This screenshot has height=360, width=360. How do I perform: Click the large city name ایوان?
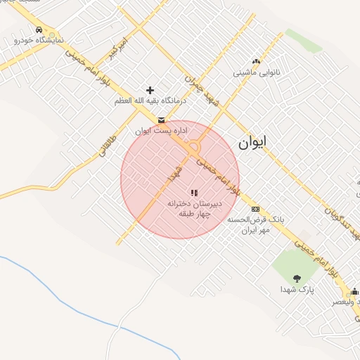tap(253, 143)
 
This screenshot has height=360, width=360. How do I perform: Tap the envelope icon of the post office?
tap(162, 120)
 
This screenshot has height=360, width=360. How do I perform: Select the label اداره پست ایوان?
tap(163, 131)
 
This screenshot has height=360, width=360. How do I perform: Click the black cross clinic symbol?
tap(150, 90)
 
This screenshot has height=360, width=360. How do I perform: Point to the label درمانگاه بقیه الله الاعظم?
tap(151, 101)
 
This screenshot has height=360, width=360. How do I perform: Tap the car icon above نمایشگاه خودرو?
tap(39, 30)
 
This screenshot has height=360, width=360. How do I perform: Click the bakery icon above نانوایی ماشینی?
tap(256, 62)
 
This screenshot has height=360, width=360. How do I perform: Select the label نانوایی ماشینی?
tap(257, 72)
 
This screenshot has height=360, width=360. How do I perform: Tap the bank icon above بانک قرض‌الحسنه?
tap(255, 209)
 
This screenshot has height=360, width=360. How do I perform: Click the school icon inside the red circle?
tap(194, 192)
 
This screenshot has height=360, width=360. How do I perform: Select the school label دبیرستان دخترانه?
tap(193, 202)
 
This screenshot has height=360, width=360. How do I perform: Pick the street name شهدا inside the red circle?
tap(174, 174)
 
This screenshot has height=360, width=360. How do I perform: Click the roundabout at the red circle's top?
tap(195, 147)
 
